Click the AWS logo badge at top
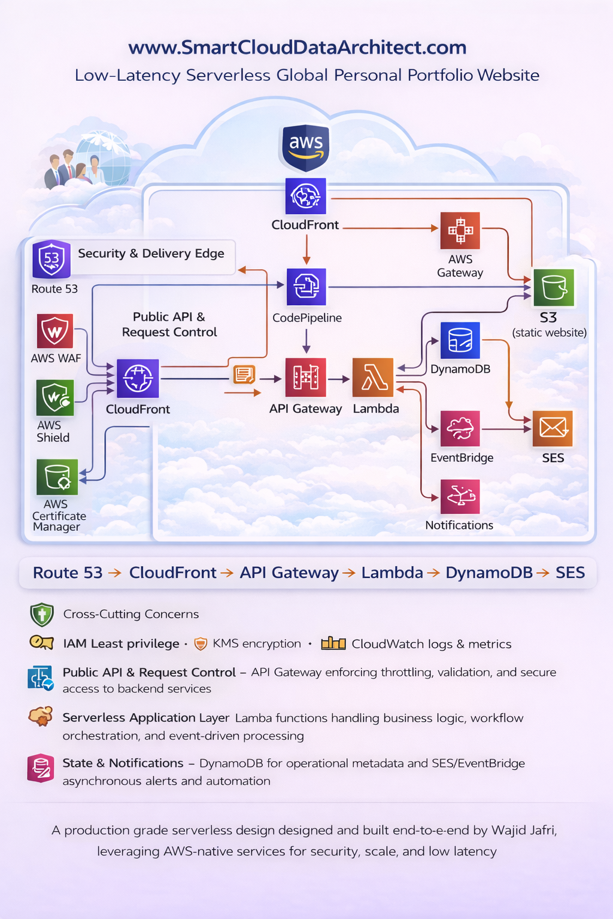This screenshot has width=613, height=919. point(306,147)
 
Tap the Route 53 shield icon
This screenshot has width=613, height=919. point(51,259)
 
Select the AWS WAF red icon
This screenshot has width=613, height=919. point(55,331)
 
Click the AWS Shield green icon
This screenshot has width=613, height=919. point(55,397)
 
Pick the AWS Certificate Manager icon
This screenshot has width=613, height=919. point(57,477)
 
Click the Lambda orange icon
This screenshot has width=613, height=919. point(373,378)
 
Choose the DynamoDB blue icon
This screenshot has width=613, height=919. point(460,340)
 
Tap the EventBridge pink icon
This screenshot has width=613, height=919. point(460,428)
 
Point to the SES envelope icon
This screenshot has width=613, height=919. point(553,428)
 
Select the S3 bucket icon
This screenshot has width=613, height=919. point(554,288)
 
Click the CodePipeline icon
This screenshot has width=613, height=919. point(306,287)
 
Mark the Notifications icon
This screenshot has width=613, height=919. point(460,497)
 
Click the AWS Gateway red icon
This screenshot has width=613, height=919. point(460,230)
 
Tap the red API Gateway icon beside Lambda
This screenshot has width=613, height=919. point(306,378)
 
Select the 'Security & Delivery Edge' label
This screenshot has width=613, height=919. point(151,254)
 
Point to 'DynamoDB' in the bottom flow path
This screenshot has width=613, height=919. point(488,573)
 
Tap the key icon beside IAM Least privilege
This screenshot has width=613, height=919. point(41,643)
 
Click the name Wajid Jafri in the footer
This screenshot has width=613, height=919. point(524,830)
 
